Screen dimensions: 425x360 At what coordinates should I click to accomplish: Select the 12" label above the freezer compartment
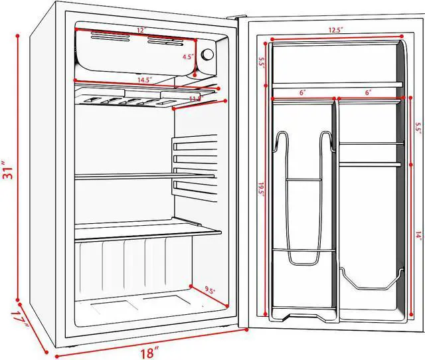(x=141, y=31)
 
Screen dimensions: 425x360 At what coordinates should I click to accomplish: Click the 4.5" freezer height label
(x=189, y=57)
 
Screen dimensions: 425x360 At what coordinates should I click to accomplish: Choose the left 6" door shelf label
(x=302, y=93)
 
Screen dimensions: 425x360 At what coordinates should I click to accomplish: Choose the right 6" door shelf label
(x=367, y=93)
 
